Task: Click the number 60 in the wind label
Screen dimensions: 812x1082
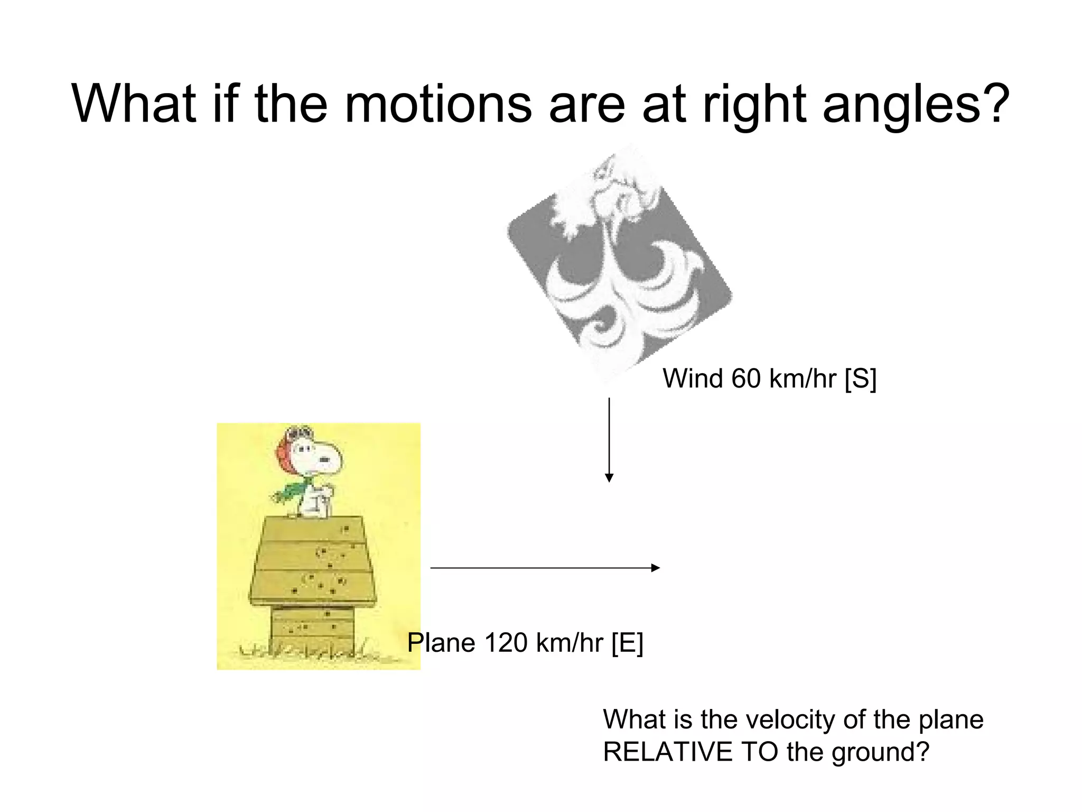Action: coord(746,379)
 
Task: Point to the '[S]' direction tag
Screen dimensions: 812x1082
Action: coord(860,379)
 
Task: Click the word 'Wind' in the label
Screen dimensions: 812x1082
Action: coord(693,379)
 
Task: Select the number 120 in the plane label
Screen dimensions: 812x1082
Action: coord(506,643)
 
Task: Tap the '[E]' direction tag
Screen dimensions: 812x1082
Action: coord(627,643)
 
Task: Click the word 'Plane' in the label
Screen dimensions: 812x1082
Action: coord(442,643)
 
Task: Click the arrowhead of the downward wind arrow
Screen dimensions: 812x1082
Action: coord(609,477)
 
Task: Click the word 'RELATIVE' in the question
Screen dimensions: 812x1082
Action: coord(668,752)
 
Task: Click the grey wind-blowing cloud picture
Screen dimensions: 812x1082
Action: coord(618,264)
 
